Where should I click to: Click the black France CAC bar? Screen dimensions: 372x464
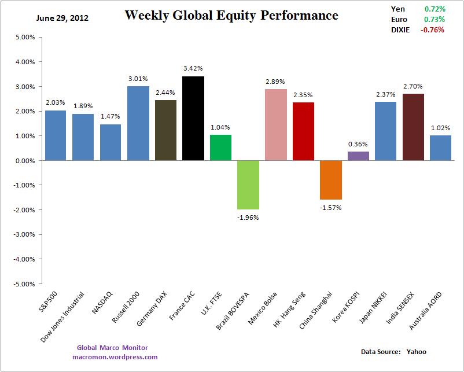pyautogui.click(x=193, y=118)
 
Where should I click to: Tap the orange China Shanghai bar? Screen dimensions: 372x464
pyautogui.click(x=331, y=180)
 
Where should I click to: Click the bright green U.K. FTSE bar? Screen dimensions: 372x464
pyautogui.click(x=220, y=148)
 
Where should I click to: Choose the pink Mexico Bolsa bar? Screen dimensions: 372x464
pyautogui.click(x=276, y=124)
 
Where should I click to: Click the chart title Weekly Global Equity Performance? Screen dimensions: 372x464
pyautogui.click(x=231, y=16)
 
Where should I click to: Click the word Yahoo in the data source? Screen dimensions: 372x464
pyautogui.click(x=416, y=352)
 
